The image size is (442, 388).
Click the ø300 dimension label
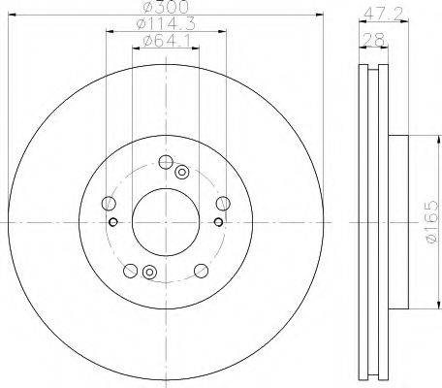[167, 7]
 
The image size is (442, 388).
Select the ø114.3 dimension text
[166, 23]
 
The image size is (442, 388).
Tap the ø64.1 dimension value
[167, 41]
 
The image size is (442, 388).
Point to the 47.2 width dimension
[384, 14]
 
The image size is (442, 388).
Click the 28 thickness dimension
[374, 40]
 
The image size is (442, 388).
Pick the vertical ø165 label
[431, 221]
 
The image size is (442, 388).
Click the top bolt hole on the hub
[166, 162]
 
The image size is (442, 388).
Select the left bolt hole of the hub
[109, 204]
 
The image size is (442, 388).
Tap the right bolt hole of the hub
[223, 204]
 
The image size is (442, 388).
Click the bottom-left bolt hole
[130, 271]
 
